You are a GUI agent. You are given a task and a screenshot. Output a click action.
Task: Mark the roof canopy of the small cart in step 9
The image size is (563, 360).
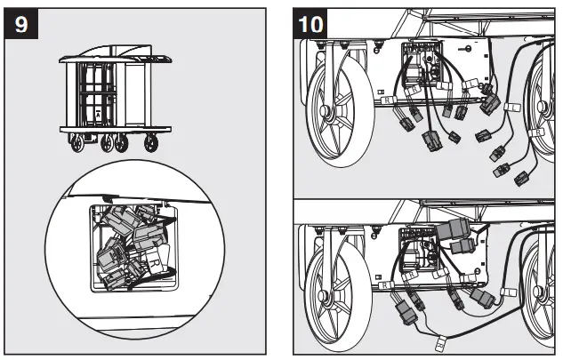click(113, 58)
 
